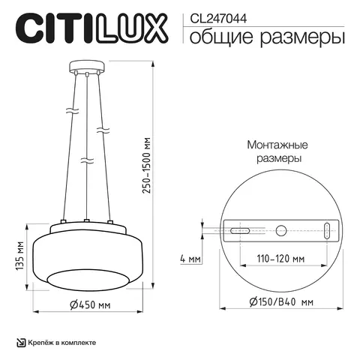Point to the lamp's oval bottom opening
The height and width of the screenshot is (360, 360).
(87, 280)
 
